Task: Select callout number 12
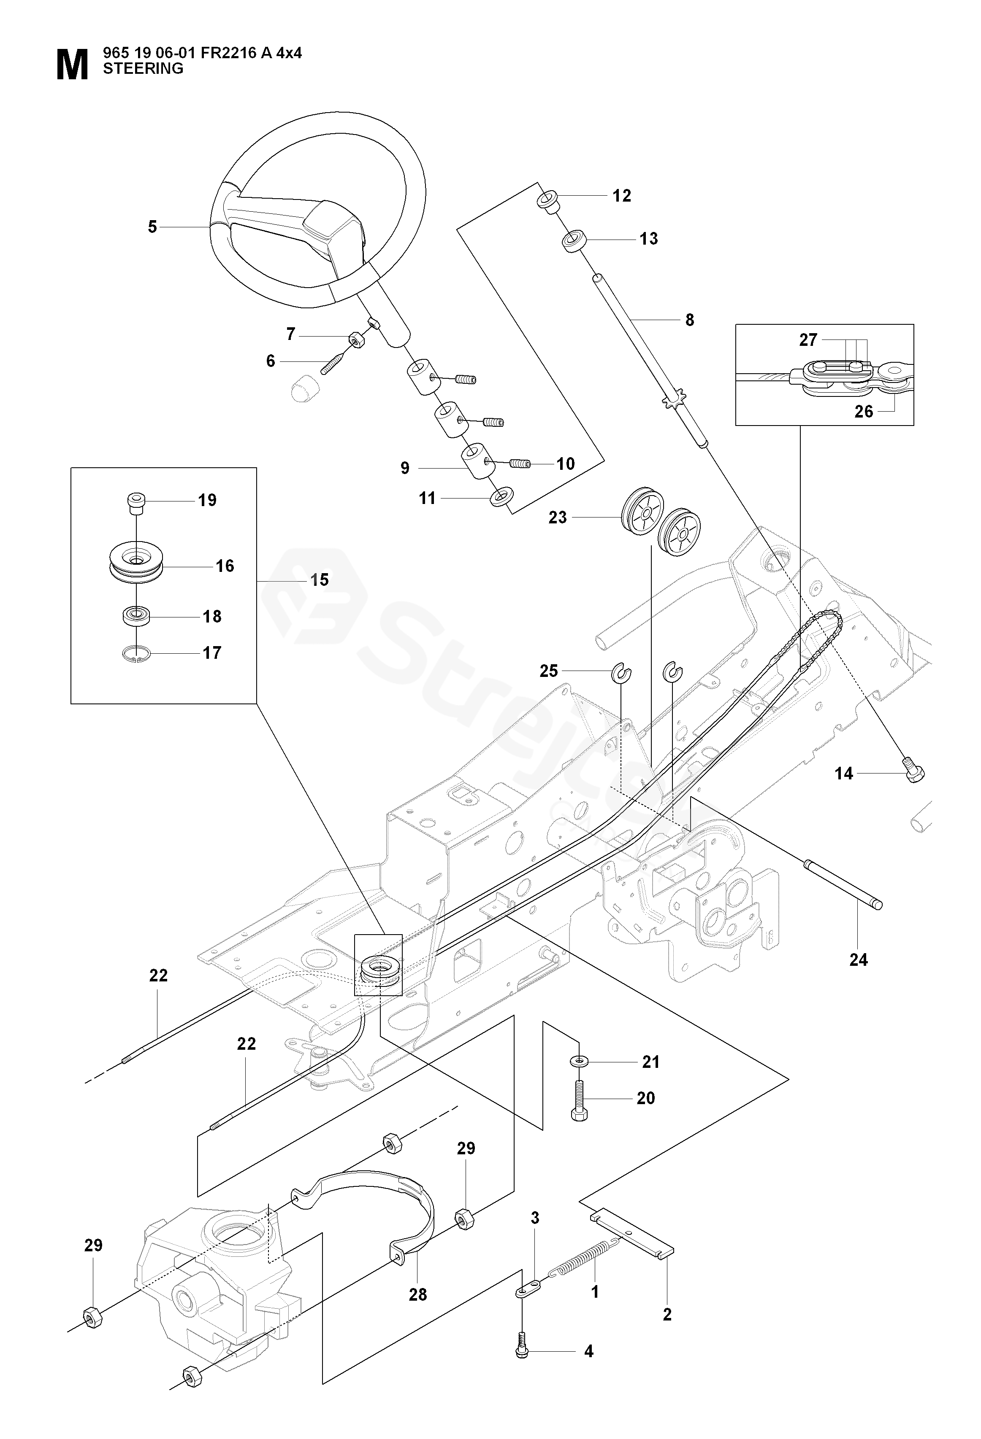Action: (622, 196)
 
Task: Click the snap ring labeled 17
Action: (137, 655)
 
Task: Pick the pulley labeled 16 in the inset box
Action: (136, 563)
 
